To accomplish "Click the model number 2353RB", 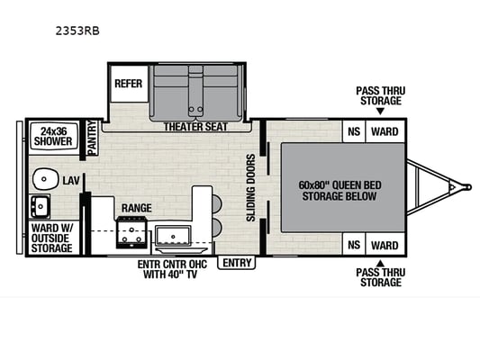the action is [77, 31].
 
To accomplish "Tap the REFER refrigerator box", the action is [129, 83].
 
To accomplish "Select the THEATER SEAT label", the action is [195, 127].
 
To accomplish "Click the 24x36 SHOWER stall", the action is [53, 136].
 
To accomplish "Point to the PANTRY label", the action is [92, 138].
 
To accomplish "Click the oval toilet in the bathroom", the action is [46, 178].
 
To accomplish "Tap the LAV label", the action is [71, 181].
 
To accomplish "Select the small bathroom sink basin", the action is [40, 206].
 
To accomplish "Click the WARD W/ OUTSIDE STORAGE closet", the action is [52, 238].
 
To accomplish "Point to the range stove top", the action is [131, 232].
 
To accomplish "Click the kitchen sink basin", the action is [173, 236].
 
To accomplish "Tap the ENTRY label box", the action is [236, 263].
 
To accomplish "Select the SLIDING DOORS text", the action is [250, 187].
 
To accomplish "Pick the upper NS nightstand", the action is [354, 131].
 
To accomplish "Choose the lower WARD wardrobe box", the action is [385, 244].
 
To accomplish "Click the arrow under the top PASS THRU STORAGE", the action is [380, 112].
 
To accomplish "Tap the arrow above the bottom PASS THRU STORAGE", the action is [380, 263].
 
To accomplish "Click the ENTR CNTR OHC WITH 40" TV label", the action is [172, 269].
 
